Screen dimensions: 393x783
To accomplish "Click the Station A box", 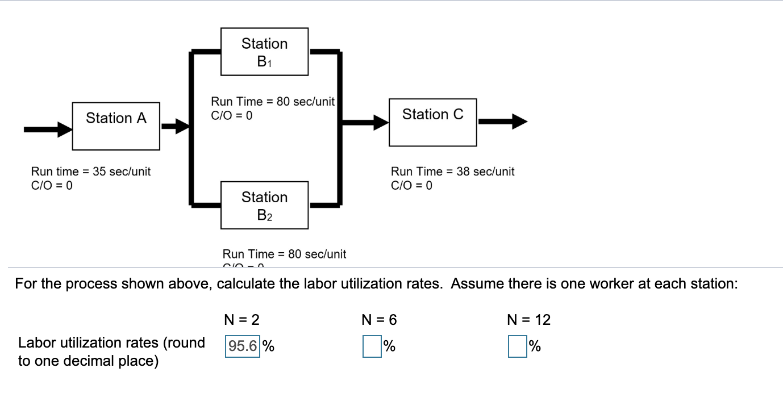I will click(x=116, y=126).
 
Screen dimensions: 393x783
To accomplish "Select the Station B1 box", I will click(x=264, y=52).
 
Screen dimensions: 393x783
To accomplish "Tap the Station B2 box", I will click(x=264, y=205).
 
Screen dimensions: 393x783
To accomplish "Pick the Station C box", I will click(x=432, y=121).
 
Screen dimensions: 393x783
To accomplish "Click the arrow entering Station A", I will click(x=48, y=129).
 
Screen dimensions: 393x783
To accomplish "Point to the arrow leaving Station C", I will click(x=503, y=121).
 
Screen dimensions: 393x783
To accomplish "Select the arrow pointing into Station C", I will click(x=364, y=121).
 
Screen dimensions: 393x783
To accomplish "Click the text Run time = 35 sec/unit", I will click(x=91, y=172).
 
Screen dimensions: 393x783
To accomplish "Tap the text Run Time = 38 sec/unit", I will click(x=452, y=172).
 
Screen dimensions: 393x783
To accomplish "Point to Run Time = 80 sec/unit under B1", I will click(x=273, y=102).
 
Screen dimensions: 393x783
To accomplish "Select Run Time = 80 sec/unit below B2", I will click(x=284, y=254).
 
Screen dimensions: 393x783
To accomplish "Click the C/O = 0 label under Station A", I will click(x=52, y=185).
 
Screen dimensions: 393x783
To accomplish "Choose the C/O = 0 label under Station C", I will click(x=411, y=185).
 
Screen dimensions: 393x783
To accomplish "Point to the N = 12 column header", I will click(x=528, y=320).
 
